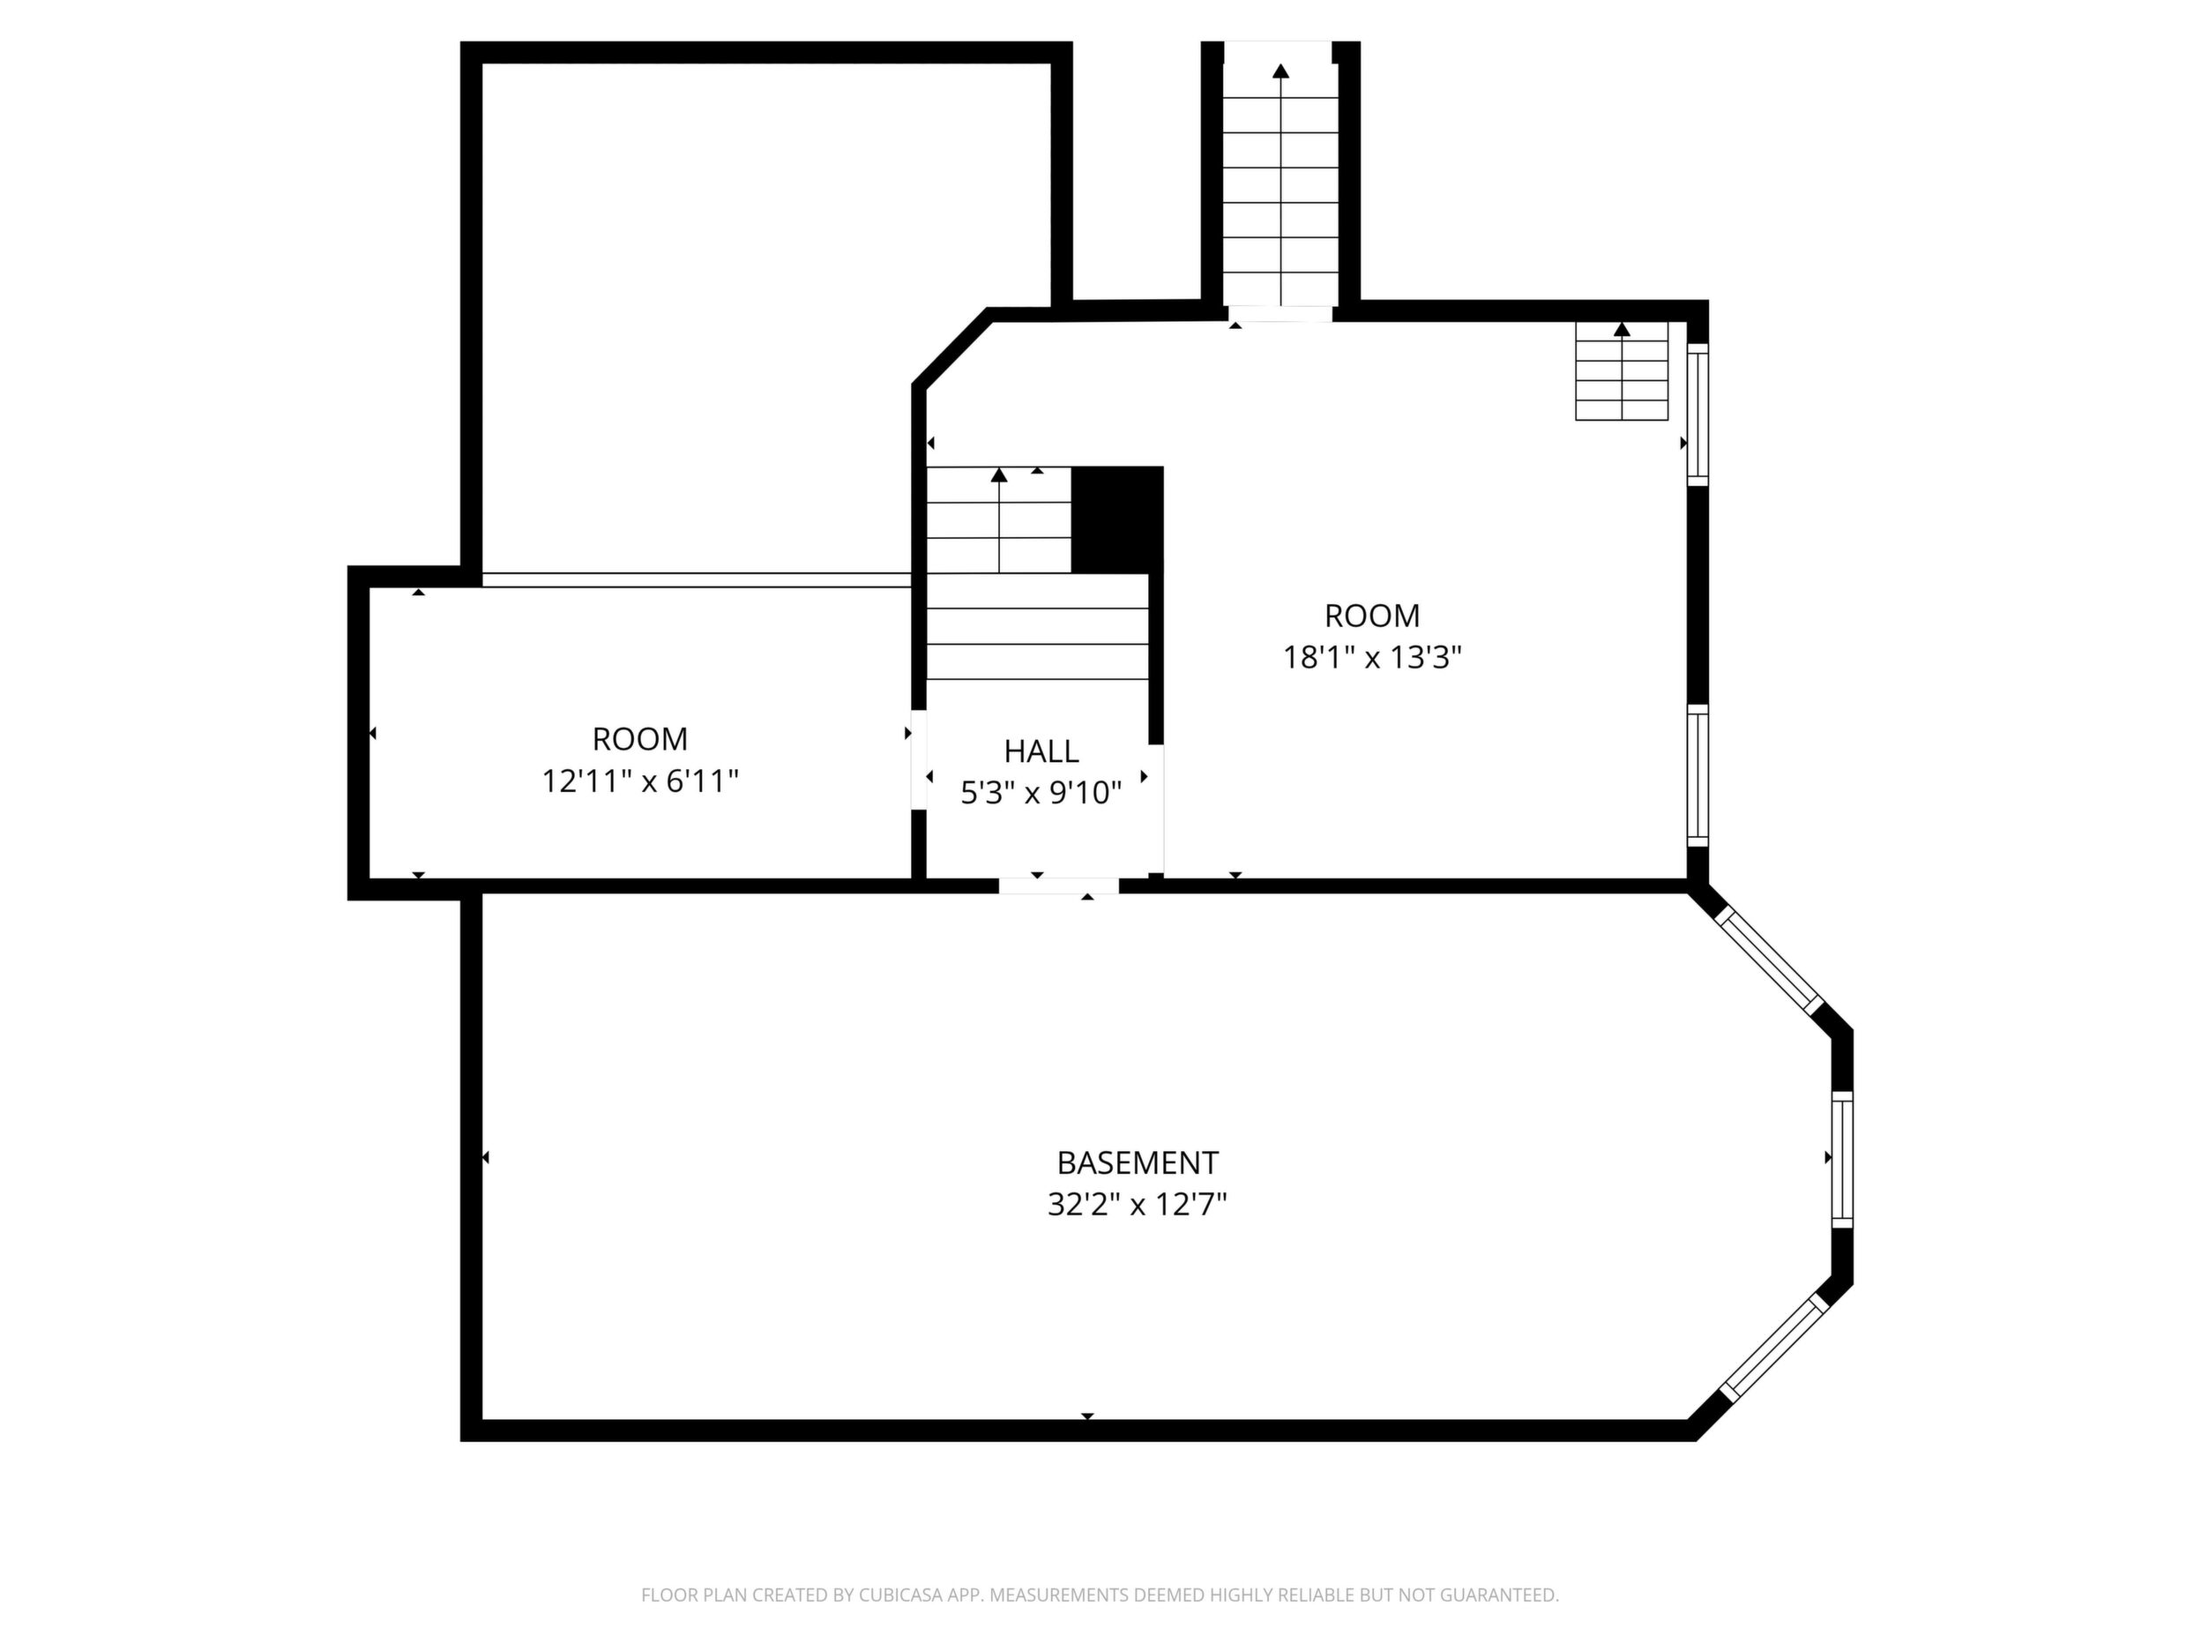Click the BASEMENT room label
[x=1138, y=1162]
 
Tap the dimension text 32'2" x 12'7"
[x=1138, y=1205]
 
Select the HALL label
[x=1041, y=751]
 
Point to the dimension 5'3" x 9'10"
[x=1041, y=793]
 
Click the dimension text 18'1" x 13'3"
[x=1372, y=658]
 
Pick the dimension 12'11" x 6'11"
[x=640, y=781]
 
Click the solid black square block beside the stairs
[x=1116, y=519]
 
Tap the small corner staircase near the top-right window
[x=1622, y=370]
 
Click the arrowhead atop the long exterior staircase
[x=1280, y=71]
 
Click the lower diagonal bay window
[x=1775, y=1349]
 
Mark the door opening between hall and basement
[x=1059, y=885]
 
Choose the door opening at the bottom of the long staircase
[x=1280, y=313]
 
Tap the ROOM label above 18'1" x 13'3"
[x=1372, y=615]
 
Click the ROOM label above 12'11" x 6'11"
[x=640, y=738]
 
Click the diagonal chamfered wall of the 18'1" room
[x=952, y=347]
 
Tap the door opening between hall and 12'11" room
[x=919, y=759]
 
